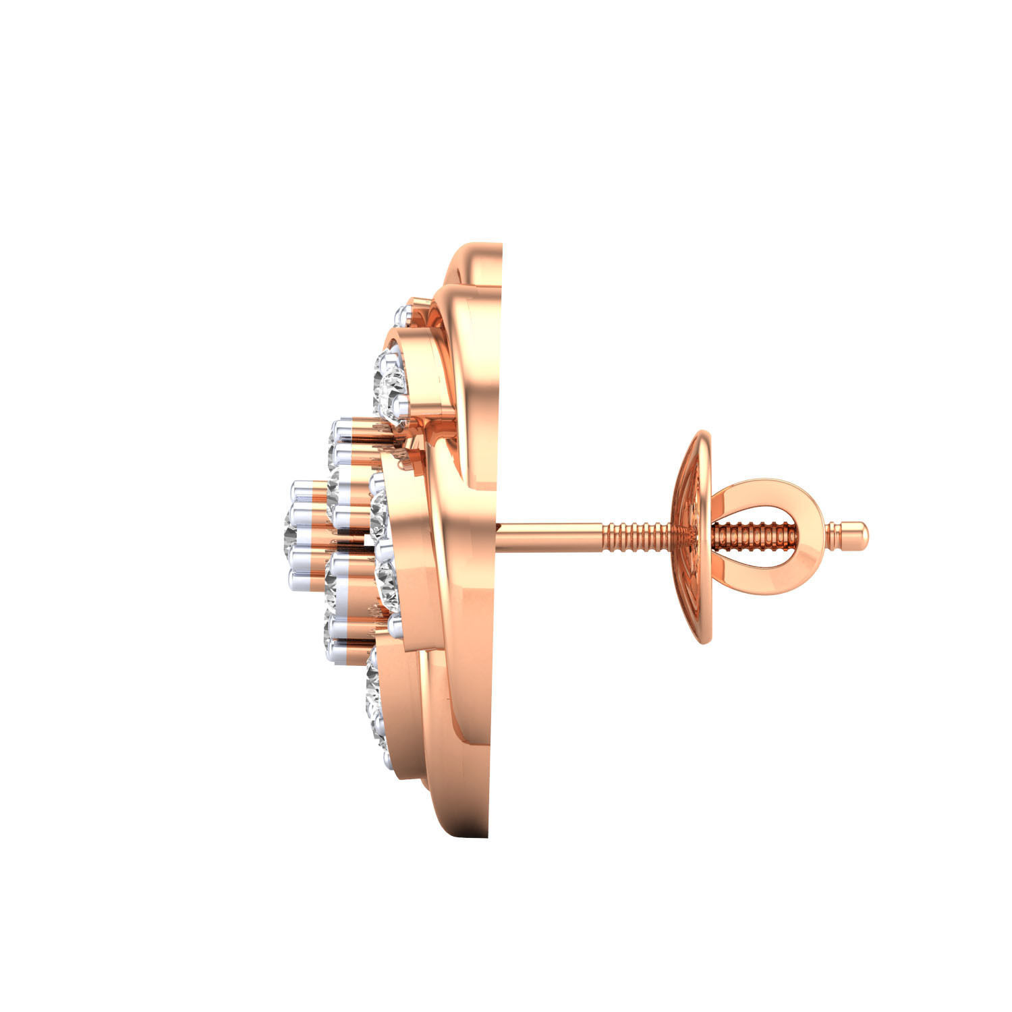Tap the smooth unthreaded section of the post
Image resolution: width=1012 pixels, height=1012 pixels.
click(x=546, y=531)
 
